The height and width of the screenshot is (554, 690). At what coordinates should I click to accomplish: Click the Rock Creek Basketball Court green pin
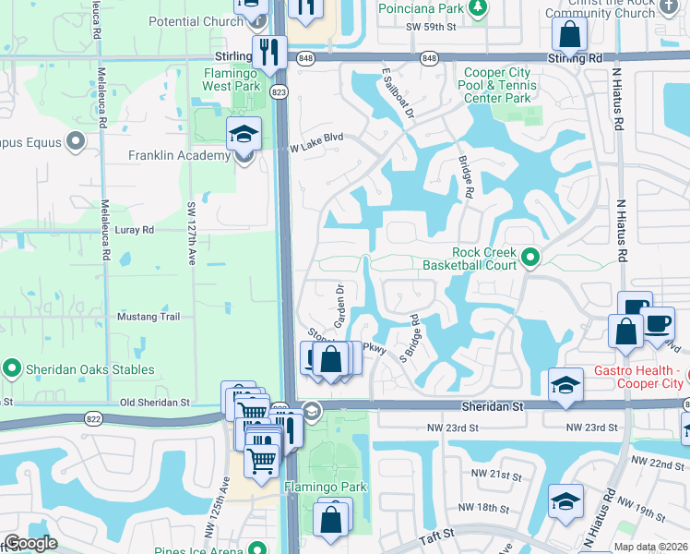[x=529, y=258]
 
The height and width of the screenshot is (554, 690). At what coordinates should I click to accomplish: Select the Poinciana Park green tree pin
[x=477, y=8]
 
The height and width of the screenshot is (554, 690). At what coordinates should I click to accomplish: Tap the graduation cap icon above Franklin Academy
[x=244, y=134]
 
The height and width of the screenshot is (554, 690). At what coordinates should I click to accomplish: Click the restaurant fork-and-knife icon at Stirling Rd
[x=270, y=52]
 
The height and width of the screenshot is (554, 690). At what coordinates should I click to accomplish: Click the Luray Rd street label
[x=135, y=229]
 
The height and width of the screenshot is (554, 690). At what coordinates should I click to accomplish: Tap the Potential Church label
[x=195, y=21]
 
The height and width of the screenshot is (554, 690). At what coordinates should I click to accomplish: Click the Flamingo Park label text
[x=326, y=488]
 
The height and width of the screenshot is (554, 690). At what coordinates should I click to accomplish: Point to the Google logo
[x=30, y=544]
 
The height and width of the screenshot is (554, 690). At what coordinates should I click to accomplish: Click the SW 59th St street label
[x=431, y=28]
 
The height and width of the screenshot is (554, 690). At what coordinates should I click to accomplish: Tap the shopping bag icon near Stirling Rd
[x=570, y=36]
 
